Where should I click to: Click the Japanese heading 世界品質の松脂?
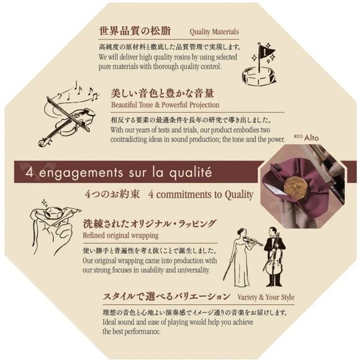135,30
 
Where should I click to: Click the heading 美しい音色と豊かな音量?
162,93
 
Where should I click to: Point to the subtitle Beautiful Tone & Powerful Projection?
164,106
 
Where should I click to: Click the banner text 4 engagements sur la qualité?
119,172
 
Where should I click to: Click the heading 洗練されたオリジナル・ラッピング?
150,223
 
